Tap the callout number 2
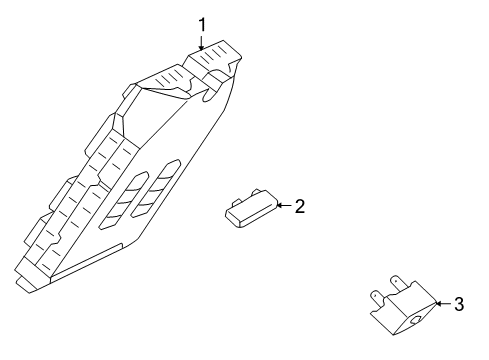(x=299, y=206)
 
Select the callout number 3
(x=458, y=303)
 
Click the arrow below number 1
(x=201, y=42)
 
